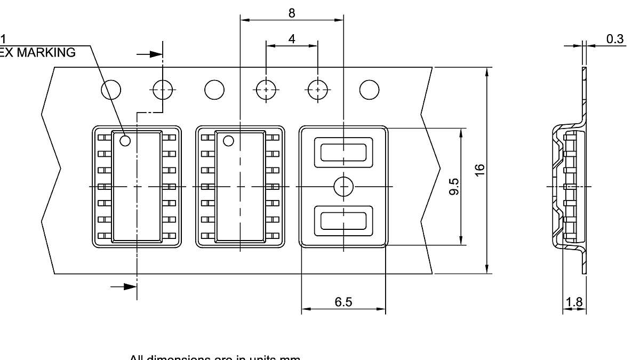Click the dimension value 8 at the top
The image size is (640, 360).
291,13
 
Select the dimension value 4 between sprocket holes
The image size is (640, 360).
291,39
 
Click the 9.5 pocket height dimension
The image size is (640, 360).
454,187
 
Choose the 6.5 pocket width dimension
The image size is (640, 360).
343,302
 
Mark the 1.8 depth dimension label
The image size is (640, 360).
574,302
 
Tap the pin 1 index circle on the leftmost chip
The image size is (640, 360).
125,141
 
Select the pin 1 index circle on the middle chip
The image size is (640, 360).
228,141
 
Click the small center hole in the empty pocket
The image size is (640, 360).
343,186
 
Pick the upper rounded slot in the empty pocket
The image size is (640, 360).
343,152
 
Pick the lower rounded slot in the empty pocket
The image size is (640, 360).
343,221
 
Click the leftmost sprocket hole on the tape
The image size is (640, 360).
111,90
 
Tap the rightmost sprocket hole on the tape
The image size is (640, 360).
369,90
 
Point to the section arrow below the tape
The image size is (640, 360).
124,286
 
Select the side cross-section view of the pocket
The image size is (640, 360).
569,187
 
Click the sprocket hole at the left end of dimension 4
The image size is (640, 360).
266,90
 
